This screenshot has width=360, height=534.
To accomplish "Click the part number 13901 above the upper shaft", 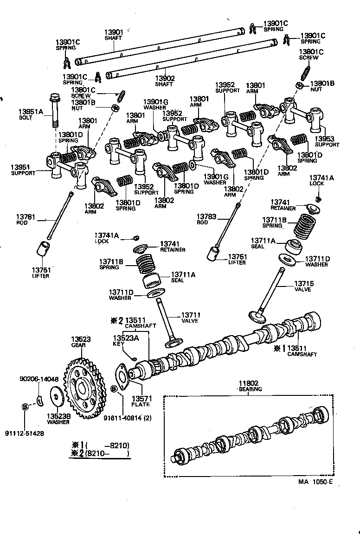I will coord(113,32).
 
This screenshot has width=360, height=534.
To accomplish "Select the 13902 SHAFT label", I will coord(165,81).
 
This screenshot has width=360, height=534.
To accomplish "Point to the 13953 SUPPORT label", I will coord(327,141).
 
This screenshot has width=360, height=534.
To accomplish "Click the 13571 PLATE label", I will coord(140,401).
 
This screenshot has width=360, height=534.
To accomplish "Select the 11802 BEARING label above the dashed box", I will coord(250,386).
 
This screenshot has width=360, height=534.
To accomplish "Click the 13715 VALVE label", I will coord(302,286).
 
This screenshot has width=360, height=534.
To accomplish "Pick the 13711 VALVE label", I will coord(190,317).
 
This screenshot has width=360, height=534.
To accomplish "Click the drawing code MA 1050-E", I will coord(315,482).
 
